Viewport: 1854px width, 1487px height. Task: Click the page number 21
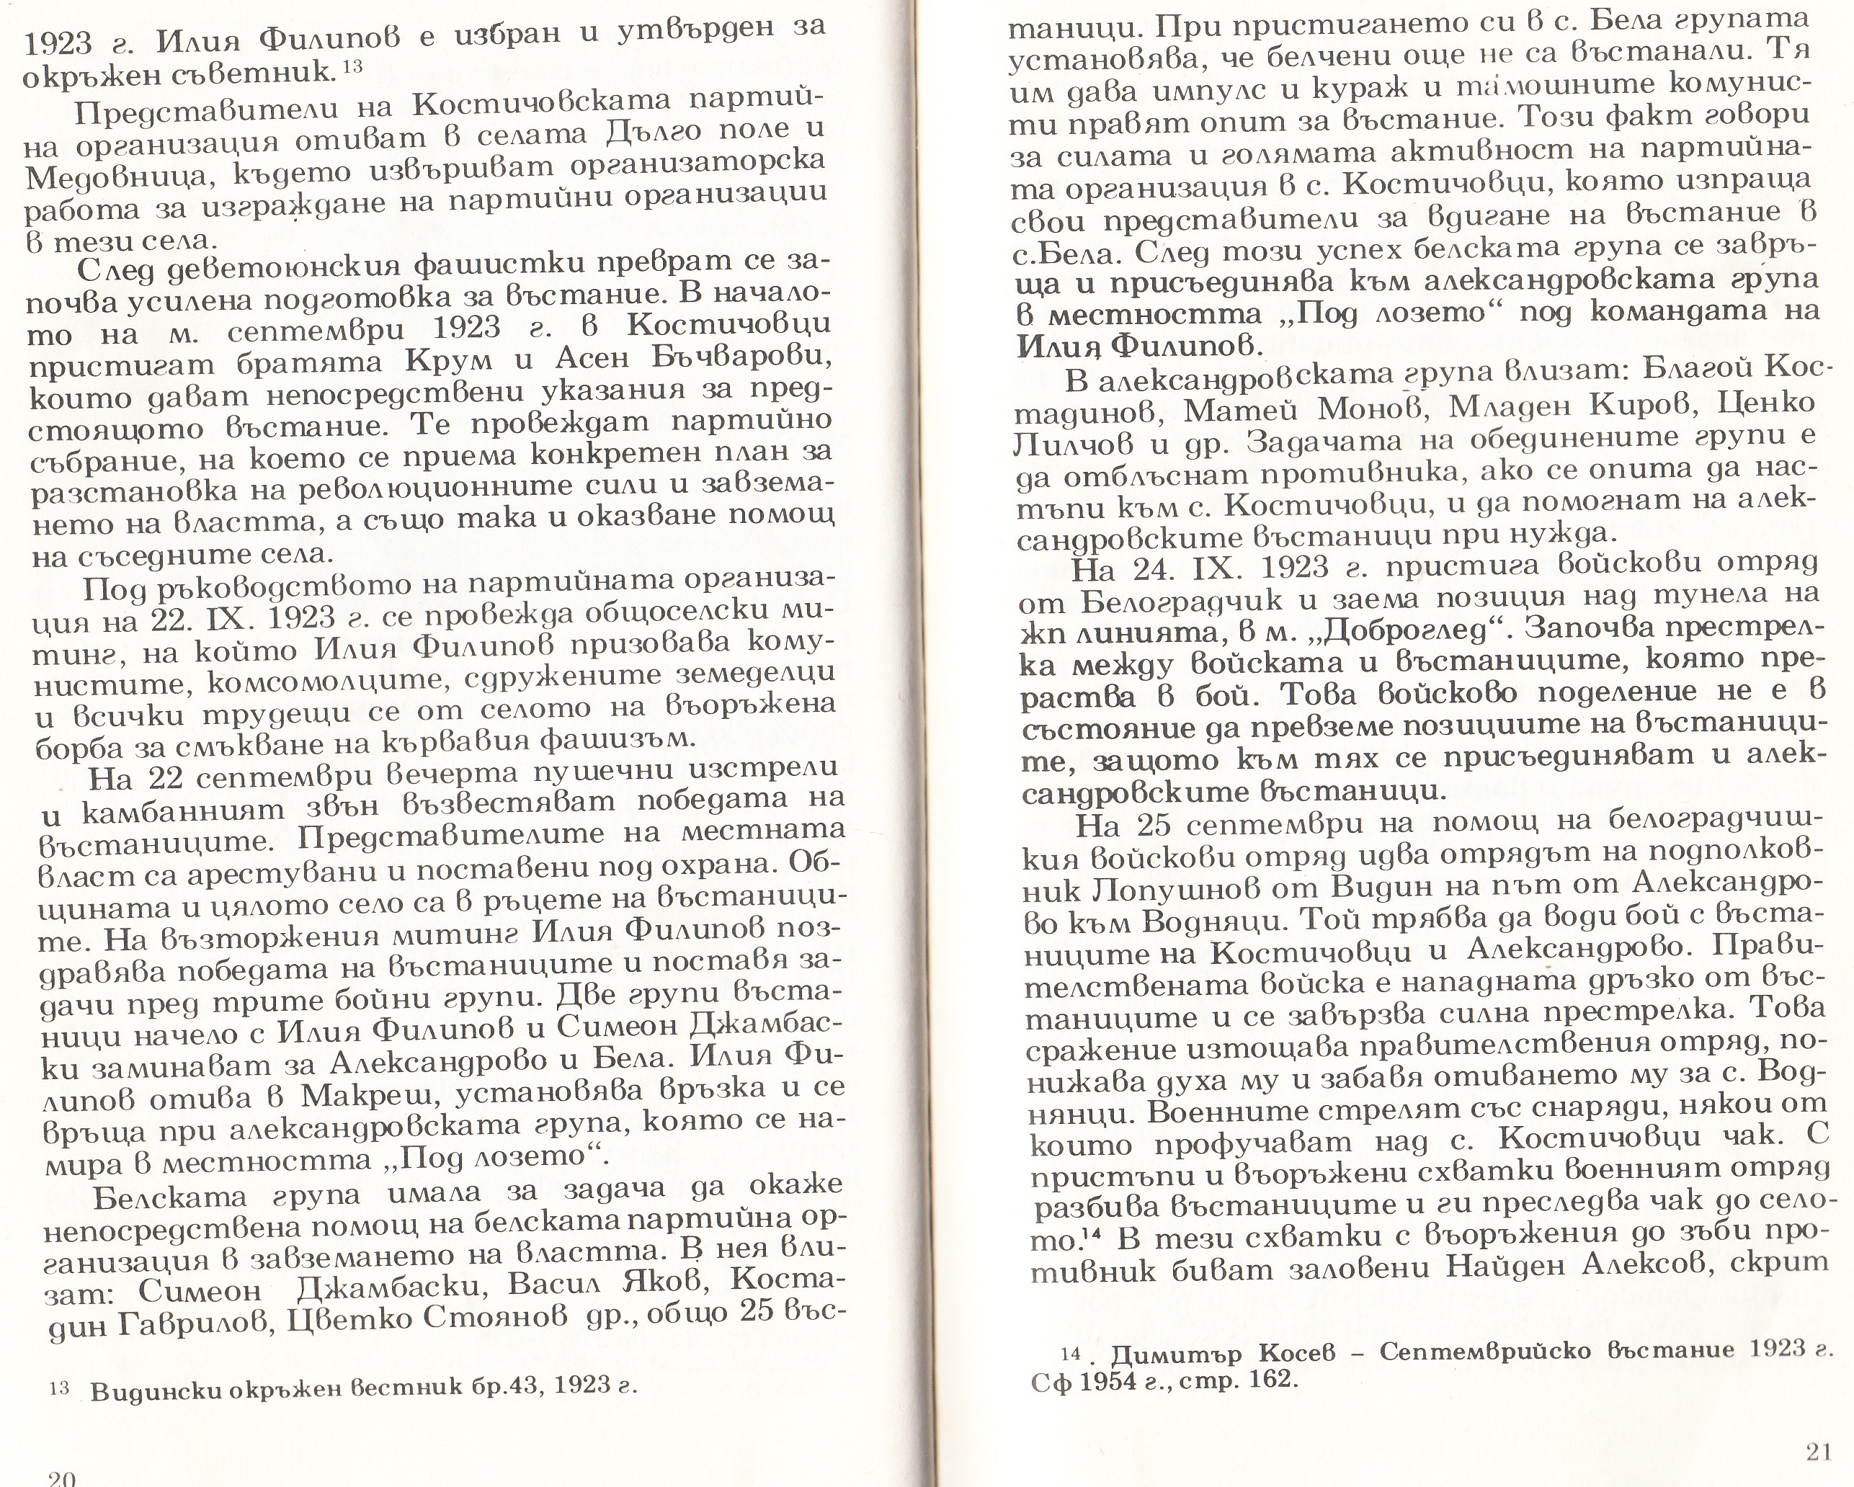point(1819,1452)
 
